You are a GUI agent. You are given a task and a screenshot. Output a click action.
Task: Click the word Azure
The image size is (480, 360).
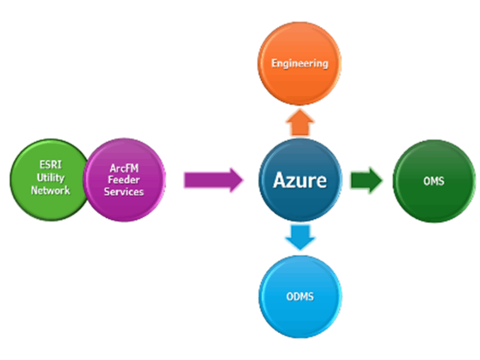coord(300,180)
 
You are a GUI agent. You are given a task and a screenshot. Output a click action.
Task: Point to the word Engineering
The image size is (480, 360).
coord(300,63)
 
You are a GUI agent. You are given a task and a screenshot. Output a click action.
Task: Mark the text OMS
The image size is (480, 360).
coord(434,180)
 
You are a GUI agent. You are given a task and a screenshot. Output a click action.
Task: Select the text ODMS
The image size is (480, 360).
coord(300,297)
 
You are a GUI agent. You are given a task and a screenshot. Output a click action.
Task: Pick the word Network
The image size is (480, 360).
coord(50,190)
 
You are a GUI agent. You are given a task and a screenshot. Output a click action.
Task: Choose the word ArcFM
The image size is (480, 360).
coord(124,167)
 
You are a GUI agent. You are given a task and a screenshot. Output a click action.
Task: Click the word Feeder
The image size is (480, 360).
coord(124,180)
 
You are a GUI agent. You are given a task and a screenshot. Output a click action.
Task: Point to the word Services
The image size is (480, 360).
coord(124,192)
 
